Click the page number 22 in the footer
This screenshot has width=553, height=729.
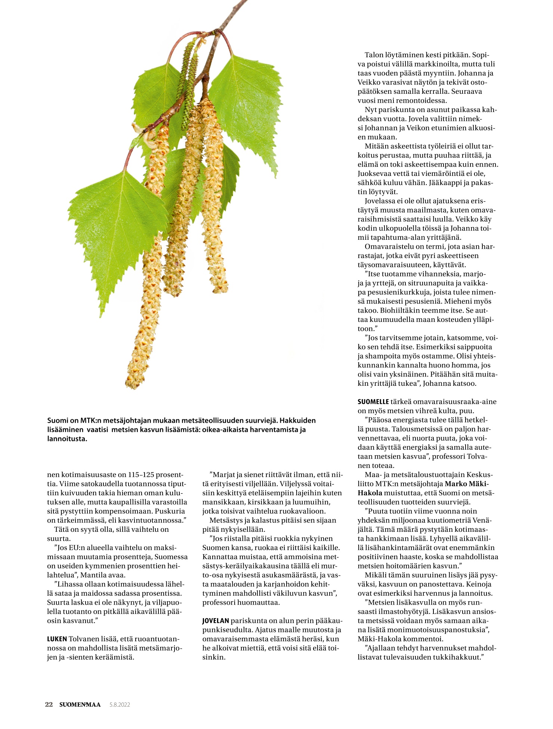[x=49, y=704]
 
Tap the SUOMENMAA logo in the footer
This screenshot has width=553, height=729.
[x=80, y=704]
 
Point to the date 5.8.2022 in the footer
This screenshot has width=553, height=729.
[x=120, y=705]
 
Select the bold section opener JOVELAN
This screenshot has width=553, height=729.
[x=215, y=621]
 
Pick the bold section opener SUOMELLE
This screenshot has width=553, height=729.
[x=373, y=402]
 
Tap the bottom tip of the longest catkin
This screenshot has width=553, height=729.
[x=133, y=385]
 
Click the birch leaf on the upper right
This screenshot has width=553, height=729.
[x=247, y=105]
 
